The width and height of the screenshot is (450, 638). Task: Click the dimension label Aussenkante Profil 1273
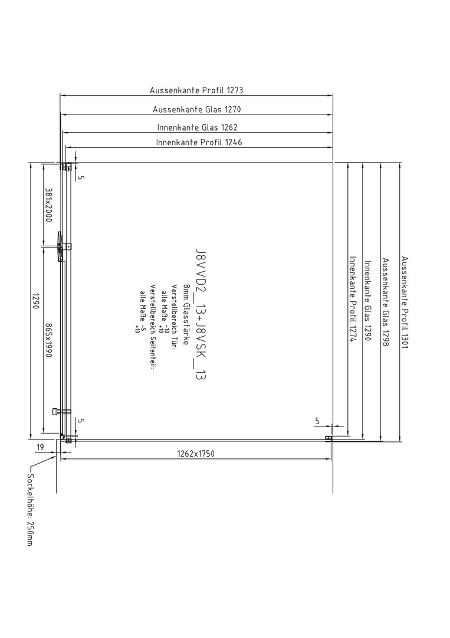pyautogui.click(x=196, y=90)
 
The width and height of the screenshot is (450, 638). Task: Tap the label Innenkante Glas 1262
pyautogui.click(x=198, y=128)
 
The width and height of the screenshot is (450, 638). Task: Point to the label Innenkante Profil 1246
pyautogui.click(x=199, y=142)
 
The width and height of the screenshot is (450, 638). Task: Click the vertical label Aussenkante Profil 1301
pyautogui.click(x=405, y=302)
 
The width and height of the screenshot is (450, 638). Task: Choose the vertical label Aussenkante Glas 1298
pyautogui.click(x=386, y=302)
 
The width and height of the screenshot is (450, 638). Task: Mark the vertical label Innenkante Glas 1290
pyautogui.click(x=367, y=301)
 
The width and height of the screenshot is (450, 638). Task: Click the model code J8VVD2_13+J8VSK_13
pyautogui.click(x=201, y=314)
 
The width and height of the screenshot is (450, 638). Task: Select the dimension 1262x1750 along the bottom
pyautogui.click(x=196, y=453)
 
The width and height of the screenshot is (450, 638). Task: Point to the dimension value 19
pyautogui.click(x=40, y=448)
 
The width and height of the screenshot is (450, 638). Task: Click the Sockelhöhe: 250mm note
pyautogui.click(x=29, y=509)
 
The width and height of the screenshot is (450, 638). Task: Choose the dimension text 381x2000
pyautogui.click(x=48, y=204)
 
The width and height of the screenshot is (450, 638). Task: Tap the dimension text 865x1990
pyautogui.click(x=48, y=340)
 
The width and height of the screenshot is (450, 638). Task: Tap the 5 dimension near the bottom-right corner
pyautogui.click(x=317, y=421)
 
